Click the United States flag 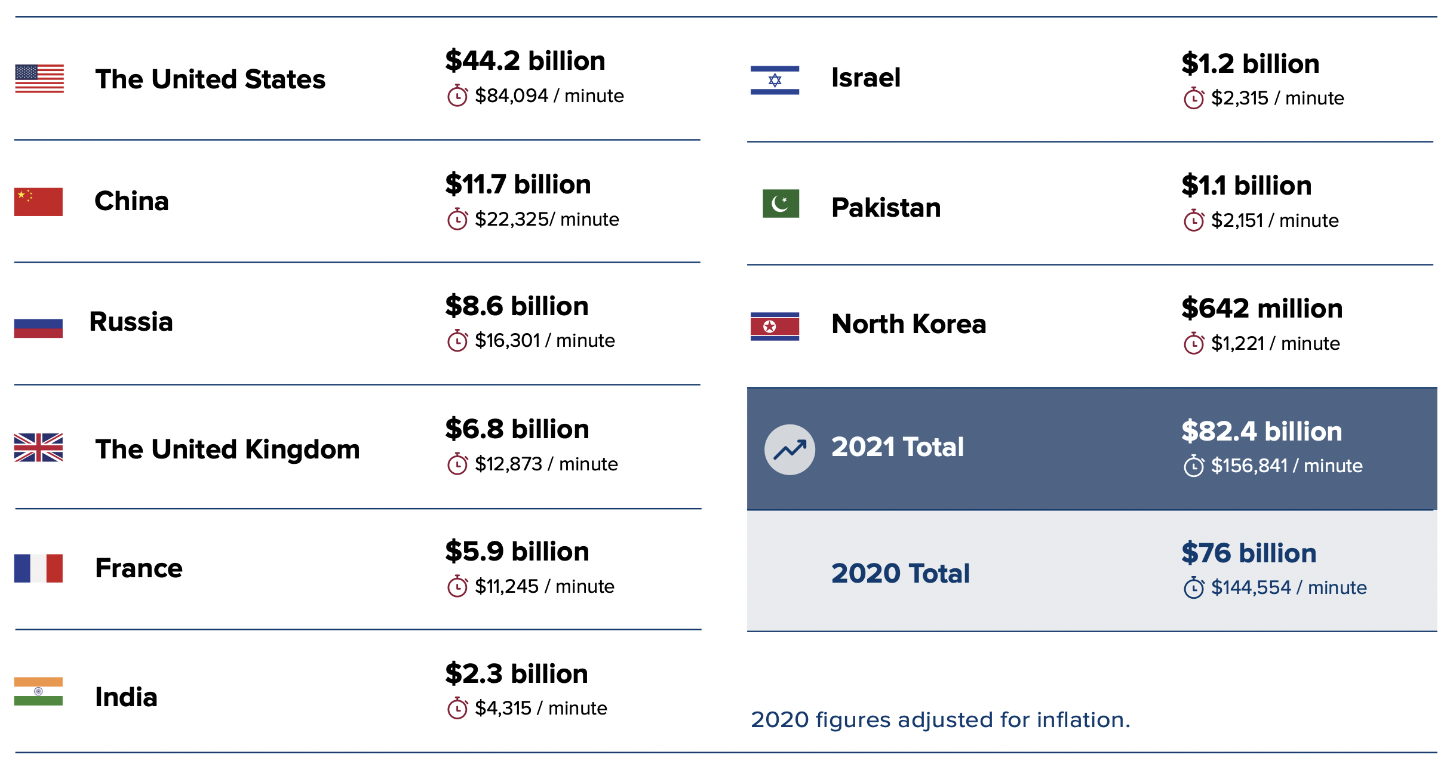39,78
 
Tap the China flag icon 38,201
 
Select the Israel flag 775,80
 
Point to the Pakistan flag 781,204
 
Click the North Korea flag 775,326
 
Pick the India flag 38,691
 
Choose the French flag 38,568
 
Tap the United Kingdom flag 38,447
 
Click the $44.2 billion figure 525,61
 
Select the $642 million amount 1262,309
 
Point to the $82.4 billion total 1261,432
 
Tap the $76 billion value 1249,553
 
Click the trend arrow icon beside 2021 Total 789,450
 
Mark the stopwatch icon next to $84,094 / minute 457,96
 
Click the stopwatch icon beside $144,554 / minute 1194,587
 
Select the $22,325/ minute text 546,220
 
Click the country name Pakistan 886,208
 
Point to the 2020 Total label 900,573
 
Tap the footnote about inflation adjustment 940,720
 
